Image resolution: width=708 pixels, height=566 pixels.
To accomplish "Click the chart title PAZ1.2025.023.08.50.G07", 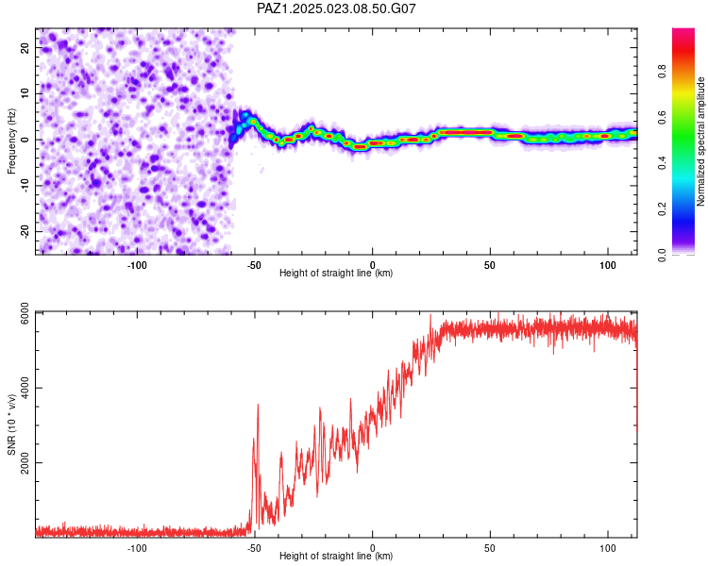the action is (336, 8).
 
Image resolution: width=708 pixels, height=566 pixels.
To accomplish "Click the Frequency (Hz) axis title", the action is (11, 141).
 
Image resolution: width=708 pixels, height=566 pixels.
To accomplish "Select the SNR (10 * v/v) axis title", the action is (11, 424).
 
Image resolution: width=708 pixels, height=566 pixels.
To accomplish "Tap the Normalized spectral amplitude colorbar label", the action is (700, 141).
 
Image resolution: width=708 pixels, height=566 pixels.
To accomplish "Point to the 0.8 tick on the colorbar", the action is (662, 72).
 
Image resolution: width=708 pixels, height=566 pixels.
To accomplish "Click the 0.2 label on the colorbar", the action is (662, 209).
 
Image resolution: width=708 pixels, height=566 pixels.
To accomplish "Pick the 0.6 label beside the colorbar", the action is (662, 117).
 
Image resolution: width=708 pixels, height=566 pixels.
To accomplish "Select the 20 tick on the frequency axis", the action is (25, 48).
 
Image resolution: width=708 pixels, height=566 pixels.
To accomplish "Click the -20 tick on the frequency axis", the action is (25, 231).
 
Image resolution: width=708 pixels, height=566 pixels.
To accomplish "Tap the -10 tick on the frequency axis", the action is (25, 186).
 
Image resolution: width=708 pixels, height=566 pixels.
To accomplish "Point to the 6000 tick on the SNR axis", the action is (25, 313).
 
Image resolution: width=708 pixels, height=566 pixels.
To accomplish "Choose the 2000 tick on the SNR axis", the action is (25, 462).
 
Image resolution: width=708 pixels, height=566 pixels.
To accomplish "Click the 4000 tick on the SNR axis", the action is (25, 388).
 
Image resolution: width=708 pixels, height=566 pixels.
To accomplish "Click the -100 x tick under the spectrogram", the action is (136, 265).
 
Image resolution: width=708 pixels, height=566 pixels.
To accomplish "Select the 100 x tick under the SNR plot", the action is (608, 548).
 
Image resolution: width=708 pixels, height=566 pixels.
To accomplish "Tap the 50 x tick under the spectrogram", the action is (490, 265).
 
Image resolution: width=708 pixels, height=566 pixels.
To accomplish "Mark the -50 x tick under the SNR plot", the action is (254, 548).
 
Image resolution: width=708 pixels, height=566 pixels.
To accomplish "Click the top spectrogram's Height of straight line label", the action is (336, 273).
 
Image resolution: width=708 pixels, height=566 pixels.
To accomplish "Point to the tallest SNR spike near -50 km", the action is (258, 405).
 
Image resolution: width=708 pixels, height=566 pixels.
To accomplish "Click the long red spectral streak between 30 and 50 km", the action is (466, 133).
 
